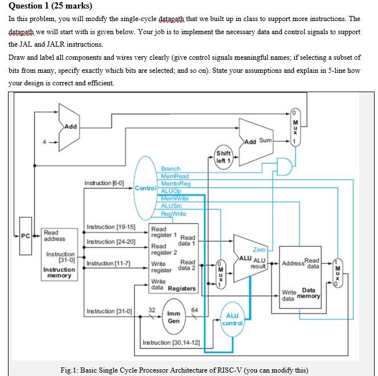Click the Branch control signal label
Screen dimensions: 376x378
170,169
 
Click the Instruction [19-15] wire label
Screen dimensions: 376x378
110,227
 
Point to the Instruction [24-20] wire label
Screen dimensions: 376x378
110,242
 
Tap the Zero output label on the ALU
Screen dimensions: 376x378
259,250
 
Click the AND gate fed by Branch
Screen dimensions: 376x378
283,167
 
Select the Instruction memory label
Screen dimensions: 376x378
59,272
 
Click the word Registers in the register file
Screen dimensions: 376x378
182,288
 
